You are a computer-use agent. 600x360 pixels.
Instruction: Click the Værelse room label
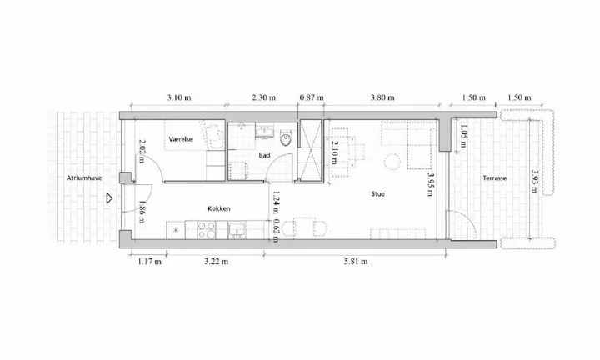pyautogui.click(x=181, y=139)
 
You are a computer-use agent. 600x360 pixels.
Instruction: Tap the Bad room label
pyautogui.click(x=264, y=155)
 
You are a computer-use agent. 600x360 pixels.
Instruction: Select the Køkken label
pyautogui.click(x=219, y=208)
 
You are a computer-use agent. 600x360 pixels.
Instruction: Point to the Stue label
pyautogui.click(x=378, y=194)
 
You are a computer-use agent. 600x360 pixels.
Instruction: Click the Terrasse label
pyautogui.click(x=494, y=177)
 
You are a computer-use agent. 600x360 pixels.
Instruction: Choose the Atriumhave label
pyautogui.click(x=84, y=177)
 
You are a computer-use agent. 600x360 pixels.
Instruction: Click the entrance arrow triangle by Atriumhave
pyautogui.click(x=109, y=198)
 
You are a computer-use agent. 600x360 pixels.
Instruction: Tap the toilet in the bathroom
pyautogui.click(x=286, y=138)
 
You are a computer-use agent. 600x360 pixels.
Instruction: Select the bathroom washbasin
pyautogui.click(x=265, y=132)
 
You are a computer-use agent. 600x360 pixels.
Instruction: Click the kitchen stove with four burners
pyautogui.click(x=207, y=230)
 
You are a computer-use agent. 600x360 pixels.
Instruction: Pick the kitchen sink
pyautogui.click(x=237, y=230)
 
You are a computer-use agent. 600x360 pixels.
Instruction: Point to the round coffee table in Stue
pyautogui.click(x=392, y=162)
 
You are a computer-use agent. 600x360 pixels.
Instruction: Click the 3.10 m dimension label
pyautogui.click(x=178, y=97)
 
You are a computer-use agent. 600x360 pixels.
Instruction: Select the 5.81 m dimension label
pyautogui.click(x=356, y=262)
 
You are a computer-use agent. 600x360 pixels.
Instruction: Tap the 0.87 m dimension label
pyautogui.click(x=312, y=97)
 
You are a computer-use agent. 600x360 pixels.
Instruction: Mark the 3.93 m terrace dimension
pyautogui.click(x=535, y=182)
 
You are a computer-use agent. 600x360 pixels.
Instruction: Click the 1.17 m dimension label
pyautogui.click(x=150, y=262)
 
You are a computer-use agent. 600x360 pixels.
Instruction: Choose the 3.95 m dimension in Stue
pyautogui.click(x=431, y=184)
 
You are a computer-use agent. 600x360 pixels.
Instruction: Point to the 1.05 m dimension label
pyautogui.click(x=462, y=136)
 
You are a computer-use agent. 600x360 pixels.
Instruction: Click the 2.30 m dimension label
pyautogui.click(x=263, y=97)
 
